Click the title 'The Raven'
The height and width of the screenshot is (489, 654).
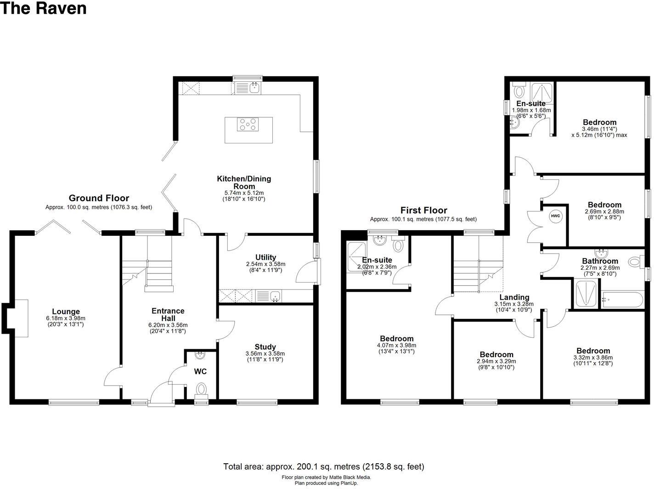coord(43,8)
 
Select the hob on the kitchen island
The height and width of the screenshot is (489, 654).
coord(248,124)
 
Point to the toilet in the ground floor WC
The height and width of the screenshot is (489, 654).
coord(202,390)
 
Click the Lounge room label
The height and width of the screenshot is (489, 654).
coord(66,312)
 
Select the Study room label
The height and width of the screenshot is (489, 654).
coord(265,347)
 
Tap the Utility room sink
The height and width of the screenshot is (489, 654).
coord(275,296)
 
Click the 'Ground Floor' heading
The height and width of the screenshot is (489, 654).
coord(99,198)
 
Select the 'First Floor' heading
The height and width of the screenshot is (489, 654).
coord(423,210)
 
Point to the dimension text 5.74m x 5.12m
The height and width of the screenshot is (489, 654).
coord(244,193)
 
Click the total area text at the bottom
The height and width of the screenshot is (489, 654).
coord(323,466)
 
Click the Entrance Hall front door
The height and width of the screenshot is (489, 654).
coord(161,395)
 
